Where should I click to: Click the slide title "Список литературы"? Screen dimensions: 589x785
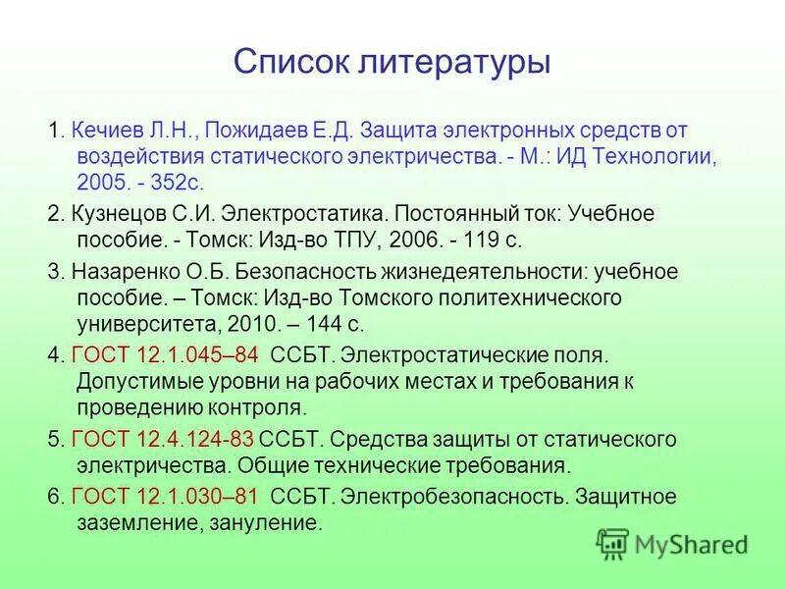(x=392, y=63)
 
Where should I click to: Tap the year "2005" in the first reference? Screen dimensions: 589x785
(x=98, y=183)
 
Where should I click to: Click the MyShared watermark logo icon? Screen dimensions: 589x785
(x=613, y=544)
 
